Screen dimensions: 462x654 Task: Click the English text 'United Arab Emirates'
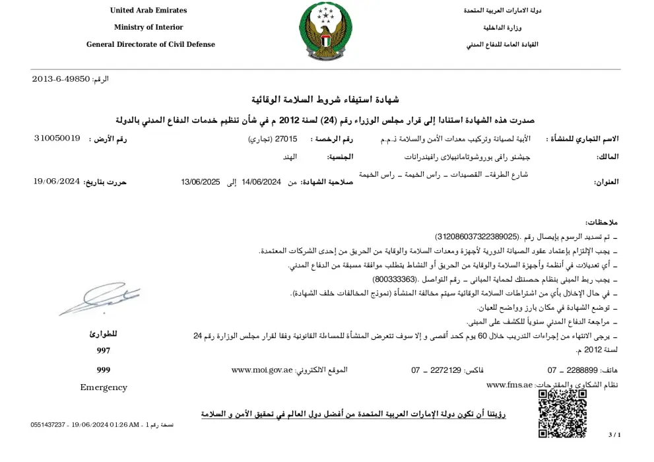(x=148, y=11)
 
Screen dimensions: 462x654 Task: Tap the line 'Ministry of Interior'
(x=148, y=28)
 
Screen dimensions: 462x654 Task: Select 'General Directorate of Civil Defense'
(x=150, y=45)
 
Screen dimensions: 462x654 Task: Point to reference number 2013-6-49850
(x=61, y=79)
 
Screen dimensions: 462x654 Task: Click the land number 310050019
(x=57, y=139)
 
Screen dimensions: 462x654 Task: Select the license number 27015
(x=286, y=139)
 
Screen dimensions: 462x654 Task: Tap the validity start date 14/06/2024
(x=261, y=182)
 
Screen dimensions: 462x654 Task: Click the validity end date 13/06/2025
(x=200, y=182)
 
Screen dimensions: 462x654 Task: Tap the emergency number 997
(x=103, y=351)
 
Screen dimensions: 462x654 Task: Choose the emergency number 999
(x=103, y=370)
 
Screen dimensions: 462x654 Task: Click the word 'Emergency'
(x=103, y=387)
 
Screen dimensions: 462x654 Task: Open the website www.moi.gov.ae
(x=262, y=370)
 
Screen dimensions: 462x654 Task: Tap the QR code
(x=562, y=414)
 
